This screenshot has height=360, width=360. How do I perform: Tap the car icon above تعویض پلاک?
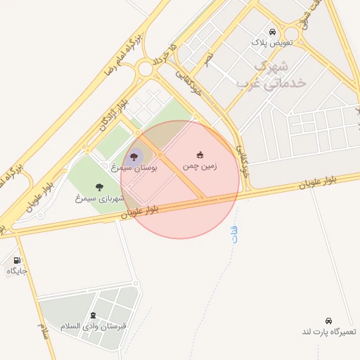pyautogui.click(x=272, y=32)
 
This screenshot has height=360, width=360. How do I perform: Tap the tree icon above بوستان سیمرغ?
pyautogui.click(x=134, y=157)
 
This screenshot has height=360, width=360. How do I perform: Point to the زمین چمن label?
pyautogui.click(x=200, y=166)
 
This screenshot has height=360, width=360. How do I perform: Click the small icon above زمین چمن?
pyautogui.click(x=200, y=155)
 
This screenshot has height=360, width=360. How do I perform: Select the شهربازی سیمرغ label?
pyautogui.click(x=98, y=198)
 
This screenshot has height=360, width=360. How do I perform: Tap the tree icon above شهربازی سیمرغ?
pyautogui.click(x=98, y=187)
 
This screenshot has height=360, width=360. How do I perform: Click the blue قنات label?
pyautogui.click(x=234, y=235)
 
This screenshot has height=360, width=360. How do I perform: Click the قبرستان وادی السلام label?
pyautogui.click(x=94, y=326)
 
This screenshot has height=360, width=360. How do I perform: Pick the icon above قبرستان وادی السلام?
pyautogui.click(x=94, y=315)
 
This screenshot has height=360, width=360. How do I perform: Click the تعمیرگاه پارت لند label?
pyautogui.click(x=330, y=331)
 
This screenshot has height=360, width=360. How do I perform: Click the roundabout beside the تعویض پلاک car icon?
pyautogui.click(x=290, y=33)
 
